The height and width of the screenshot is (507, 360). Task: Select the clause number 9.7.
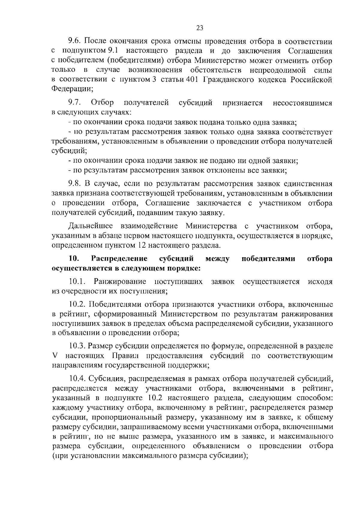[x=75, y=103]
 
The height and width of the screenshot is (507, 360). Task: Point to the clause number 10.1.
[x=77, y=282]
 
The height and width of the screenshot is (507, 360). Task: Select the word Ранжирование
[x=120, y=282]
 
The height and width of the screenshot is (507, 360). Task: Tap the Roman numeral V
[x=54, y=356]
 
